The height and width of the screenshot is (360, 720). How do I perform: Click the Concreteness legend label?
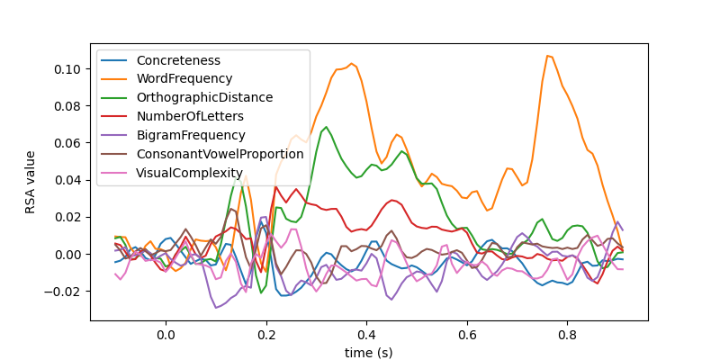[178, 60]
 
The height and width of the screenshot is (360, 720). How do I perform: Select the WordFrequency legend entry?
[184, 79]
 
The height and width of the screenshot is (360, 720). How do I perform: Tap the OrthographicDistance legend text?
[204, 97]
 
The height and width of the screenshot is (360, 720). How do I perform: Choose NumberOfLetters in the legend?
[190, 116]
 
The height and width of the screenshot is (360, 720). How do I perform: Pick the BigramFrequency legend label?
[191, 135]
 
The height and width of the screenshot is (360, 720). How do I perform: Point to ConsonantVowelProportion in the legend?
[220, 154]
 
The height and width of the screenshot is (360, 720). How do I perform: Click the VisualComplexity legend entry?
[190, 173]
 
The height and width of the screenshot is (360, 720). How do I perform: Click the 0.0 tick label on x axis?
[166, 336]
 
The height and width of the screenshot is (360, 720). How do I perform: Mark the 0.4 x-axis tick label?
[366, 336]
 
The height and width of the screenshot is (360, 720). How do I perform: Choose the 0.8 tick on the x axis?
[567, 336]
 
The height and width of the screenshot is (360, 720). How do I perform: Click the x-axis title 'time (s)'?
[368, 352]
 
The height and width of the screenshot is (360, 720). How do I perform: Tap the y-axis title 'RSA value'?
[31, 182]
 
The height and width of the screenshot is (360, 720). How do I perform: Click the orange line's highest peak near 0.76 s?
[547, 56]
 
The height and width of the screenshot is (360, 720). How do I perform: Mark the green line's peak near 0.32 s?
[326, 127]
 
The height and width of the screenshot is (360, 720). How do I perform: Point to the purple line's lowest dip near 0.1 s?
[216, 308]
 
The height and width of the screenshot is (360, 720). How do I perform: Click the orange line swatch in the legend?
[114, 79]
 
